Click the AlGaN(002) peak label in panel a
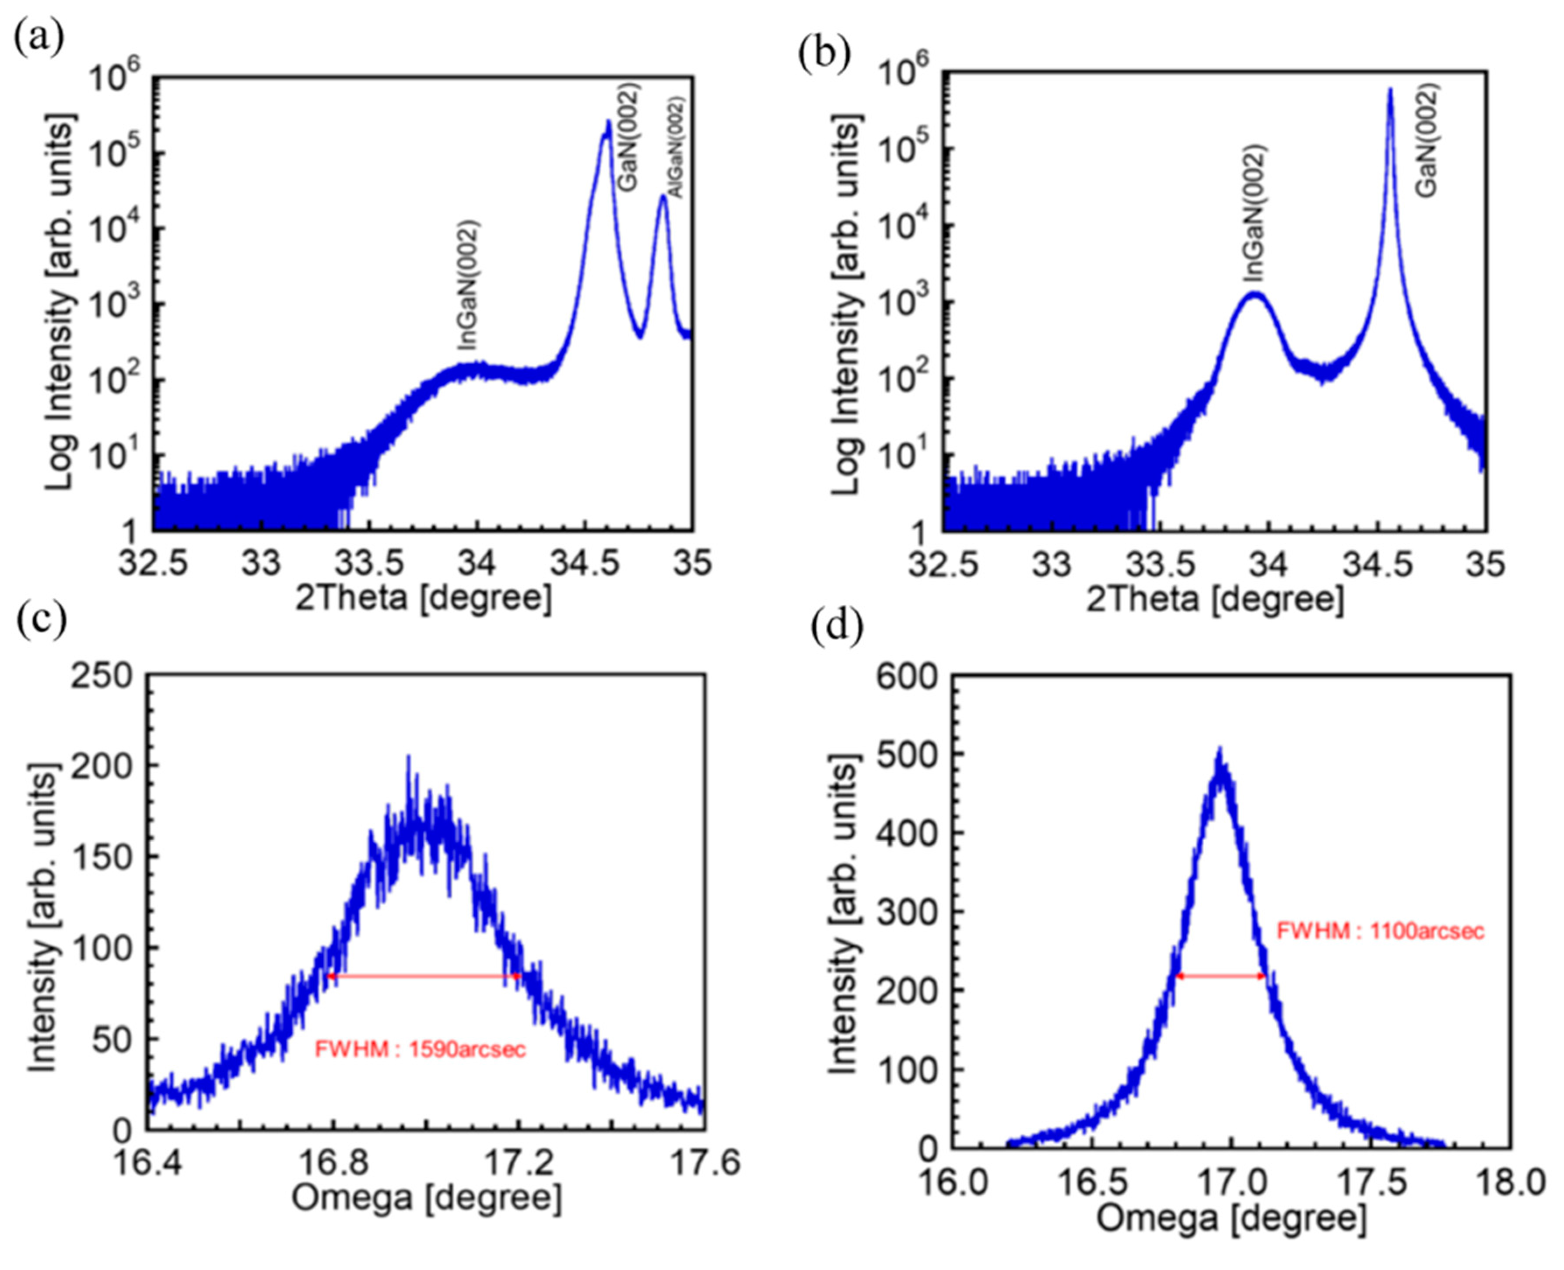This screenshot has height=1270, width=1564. tap(675, 148)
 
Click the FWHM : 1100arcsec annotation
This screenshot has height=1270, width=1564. tap(1380, 931)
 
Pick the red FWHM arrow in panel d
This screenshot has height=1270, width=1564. tap(1220, 976)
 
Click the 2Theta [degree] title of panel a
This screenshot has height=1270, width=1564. tap(423, 598)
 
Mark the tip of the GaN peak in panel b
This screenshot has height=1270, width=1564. tap(1390, 91)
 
